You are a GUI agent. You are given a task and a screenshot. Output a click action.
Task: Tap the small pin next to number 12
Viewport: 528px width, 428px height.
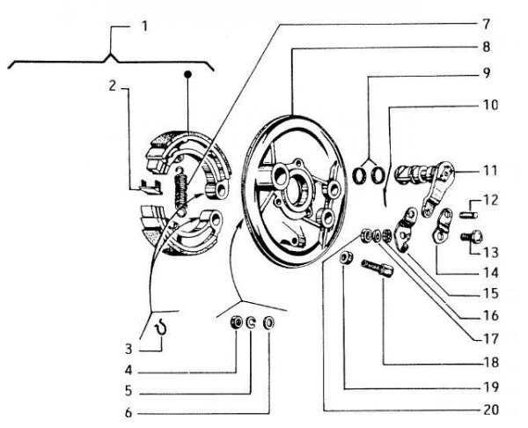468,209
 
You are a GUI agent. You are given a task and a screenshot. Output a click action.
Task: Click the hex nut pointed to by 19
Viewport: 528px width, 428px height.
349,258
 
